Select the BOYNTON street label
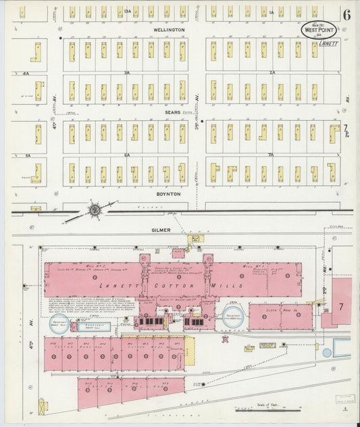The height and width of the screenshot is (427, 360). (x=169, y=194)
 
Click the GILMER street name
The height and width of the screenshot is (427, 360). (x=161, y=230)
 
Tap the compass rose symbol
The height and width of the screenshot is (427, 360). (x=95, y=211)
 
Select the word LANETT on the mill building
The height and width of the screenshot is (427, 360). (x=81, y=286)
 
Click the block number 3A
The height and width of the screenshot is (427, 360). (x=126, y=72)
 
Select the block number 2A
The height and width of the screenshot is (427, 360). (x=272, y=72)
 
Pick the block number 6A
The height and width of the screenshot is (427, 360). (x=126, y=154)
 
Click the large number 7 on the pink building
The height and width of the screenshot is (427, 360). (x=341, y=307)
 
